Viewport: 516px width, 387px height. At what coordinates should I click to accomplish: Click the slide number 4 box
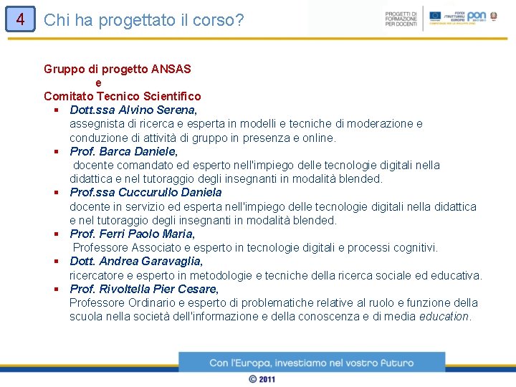[20, 19]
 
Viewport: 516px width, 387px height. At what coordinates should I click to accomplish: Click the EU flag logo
[435, 15]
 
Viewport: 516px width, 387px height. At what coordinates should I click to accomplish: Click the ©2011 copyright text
[262, 378]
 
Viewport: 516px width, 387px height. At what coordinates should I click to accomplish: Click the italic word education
[444, 316]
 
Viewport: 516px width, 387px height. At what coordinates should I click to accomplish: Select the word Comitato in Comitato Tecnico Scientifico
[68, 96]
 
